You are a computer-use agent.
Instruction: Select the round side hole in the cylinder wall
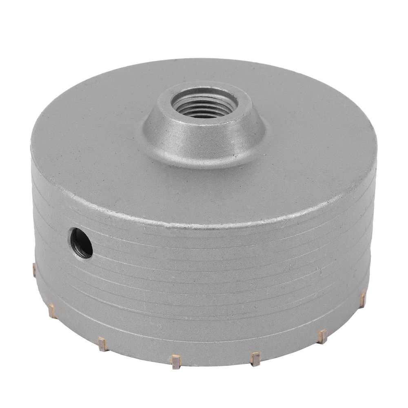click(81, 243)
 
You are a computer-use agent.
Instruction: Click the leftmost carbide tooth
click(34, 269)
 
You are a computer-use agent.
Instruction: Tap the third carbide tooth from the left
click(102, 344)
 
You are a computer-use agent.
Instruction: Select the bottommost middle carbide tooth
click(176, 361)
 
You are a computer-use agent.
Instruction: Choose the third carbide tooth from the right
click(256, 358)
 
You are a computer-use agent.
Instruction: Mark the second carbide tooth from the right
click(323, 335)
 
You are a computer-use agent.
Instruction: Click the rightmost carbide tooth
click(362, 299)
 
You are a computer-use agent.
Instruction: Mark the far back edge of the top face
click(204, 61)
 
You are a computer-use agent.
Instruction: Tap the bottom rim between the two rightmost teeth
click(345, 320)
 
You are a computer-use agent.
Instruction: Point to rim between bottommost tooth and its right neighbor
click(216, 361)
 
